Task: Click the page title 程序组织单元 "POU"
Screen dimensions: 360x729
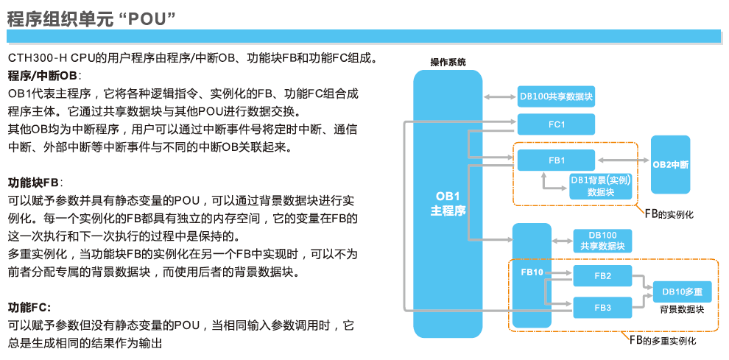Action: click(x=91, y=17)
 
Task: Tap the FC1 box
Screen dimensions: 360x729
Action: click(x=556, y=124)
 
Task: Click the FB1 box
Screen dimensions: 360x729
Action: click(x=556, y=160)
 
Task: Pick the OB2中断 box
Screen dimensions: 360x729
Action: click(x=670, y=164)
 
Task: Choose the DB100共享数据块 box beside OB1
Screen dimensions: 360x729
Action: click(x=556, y=96)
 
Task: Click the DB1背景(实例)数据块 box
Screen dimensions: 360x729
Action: click(x=600, y=186)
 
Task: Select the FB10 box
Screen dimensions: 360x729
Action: click(x=532, y=272)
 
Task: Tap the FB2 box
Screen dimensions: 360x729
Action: click(x=602, y=276)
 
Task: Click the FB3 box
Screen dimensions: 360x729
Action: click(x=602, y=306)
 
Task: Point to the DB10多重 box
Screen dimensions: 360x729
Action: click(x=682, y=292)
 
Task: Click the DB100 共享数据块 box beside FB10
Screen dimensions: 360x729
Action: click(x=602, y=241)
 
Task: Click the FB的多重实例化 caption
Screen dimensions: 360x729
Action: click(x=662, y=341)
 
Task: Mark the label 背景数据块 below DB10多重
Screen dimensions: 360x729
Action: click(x=682, y=309)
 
